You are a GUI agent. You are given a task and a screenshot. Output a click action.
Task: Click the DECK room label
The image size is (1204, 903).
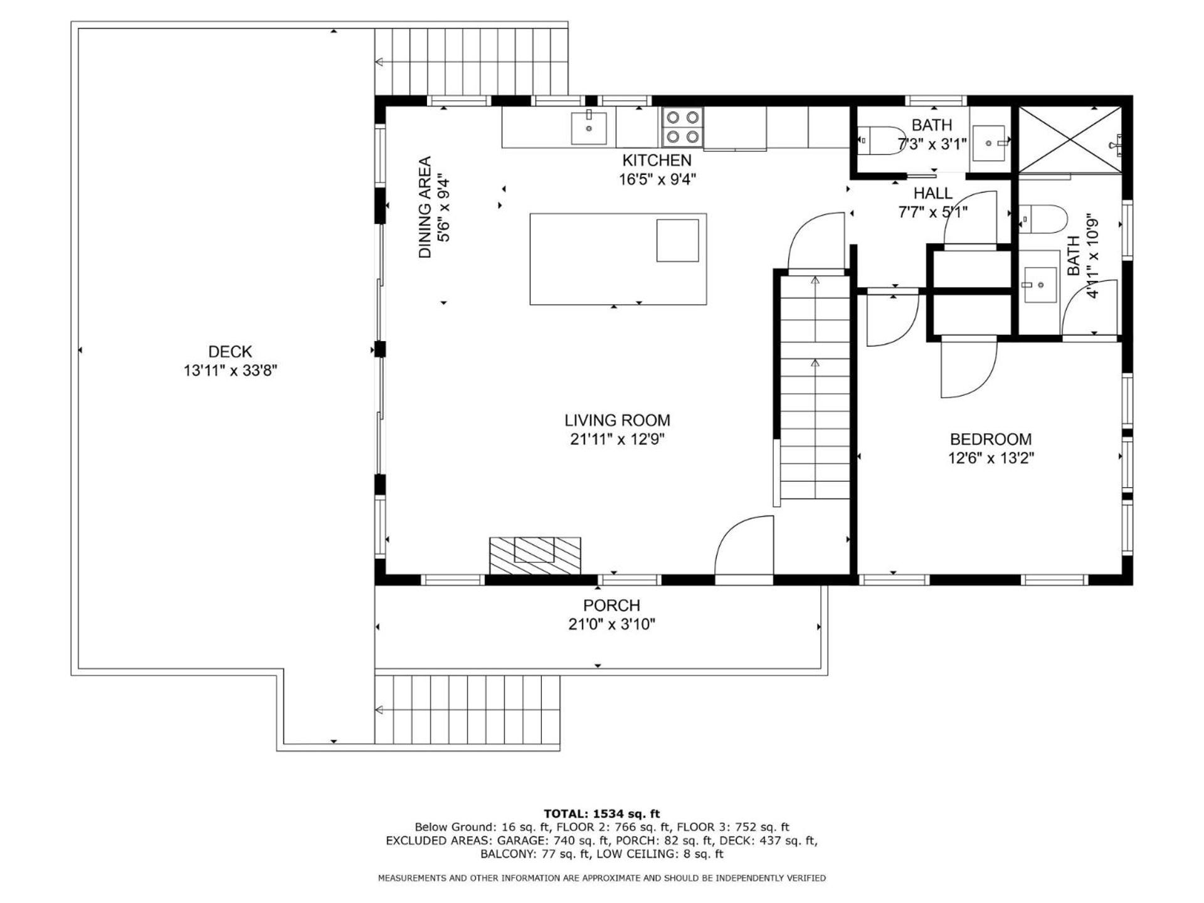pyautogui.click(x=230, y=351)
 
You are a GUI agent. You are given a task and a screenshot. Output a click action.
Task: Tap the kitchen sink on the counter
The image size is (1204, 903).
pyautogui.click(x=589, y=127)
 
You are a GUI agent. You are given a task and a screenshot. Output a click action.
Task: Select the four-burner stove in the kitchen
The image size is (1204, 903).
pyautogui.click(x=682, y=126)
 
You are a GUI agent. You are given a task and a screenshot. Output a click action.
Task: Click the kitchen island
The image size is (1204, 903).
pyautogui.click(x=618, y=259)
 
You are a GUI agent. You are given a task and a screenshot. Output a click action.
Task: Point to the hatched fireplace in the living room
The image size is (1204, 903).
pyautogui.click(x=535, y=556)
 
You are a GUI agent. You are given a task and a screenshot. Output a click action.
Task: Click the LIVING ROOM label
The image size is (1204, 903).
pyautogui.click(x=617, y=420)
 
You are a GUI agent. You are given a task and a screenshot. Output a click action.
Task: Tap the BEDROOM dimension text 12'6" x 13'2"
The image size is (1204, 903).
pyautogui.click(x=991, y=458)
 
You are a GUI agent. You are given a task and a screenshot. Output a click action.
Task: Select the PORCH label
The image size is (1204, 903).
pyautogui.click(x=611, y=605)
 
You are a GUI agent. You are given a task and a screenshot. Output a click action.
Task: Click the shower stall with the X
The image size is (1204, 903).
pyautogui.click(x=1070, y=139)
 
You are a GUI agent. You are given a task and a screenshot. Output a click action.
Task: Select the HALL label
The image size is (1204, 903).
pyautogui.click(x=933, y=193)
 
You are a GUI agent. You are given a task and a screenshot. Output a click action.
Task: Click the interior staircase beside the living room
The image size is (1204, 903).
pyautogui.click(x=814, y=388)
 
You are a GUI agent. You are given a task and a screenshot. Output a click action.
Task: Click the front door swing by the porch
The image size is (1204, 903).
pyautogui.click(x=744, y=546)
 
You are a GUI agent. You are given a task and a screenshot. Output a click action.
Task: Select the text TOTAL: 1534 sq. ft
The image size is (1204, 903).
pyautogui.click(x=602, y=814)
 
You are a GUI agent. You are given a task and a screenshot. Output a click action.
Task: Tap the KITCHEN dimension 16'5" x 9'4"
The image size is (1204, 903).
pyautogui.click(x=657, y=179)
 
